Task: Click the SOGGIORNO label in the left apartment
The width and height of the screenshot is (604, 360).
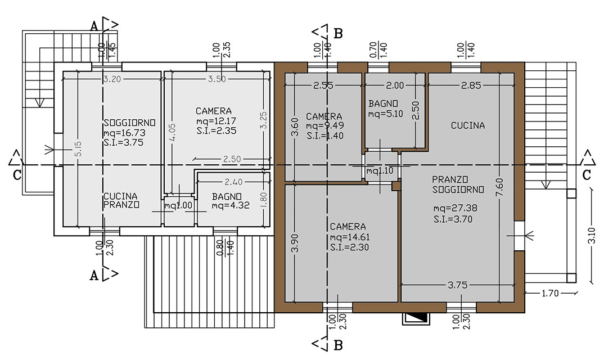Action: [x=129, y=123]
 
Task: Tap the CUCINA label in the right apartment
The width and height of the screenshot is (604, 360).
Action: [x=468, y=125]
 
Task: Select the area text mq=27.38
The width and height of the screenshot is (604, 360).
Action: [x=456, y=208]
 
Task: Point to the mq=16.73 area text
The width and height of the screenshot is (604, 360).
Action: [x=124, y=133]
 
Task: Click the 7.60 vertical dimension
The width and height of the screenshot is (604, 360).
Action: [x=499, y=187]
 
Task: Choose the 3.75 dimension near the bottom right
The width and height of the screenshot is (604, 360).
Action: [x=458, y=285]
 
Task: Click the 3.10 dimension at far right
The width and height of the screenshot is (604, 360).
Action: [x=592, y=235]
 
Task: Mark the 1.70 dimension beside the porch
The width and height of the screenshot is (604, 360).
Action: [x=550, y=293]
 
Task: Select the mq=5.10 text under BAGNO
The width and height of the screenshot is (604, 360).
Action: [x=386, y=114]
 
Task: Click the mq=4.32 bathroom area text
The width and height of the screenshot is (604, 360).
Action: [x=231, y=205]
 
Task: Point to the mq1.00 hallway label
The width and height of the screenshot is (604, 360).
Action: [x=178, y=205]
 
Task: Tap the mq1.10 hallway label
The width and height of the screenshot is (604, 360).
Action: [x=380, y=170]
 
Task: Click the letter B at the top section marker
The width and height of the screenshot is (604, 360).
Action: [x=338, y=34]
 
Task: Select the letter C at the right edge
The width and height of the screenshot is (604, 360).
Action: [x=586, y=175]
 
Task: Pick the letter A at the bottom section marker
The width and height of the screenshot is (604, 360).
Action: [x=94, y=276]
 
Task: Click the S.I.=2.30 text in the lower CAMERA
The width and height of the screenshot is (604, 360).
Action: [x=349, y=247]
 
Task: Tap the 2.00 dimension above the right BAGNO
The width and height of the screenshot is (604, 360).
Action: [x=395, y=85]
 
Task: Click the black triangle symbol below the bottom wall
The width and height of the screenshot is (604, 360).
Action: [x=416, y=317]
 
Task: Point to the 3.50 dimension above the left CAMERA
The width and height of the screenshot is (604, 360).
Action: [x=217, y=79]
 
